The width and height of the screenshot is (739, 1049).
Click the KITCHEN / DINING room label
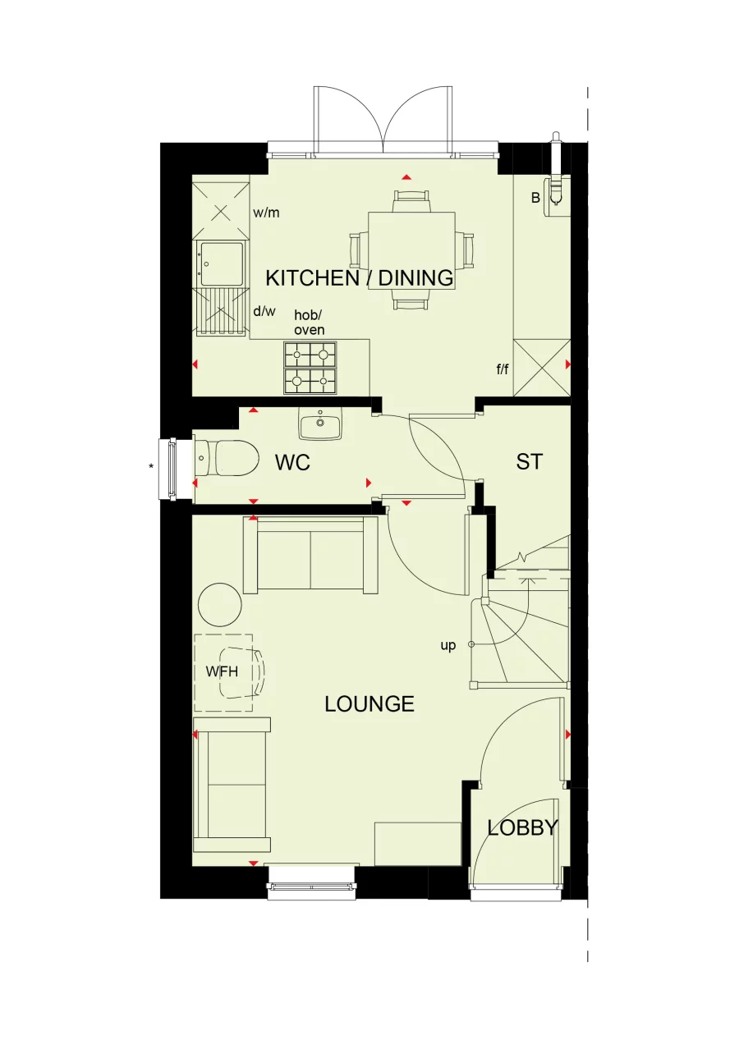coord(360,278)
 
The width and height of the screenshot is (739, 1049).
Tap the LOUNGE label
coord(369,704)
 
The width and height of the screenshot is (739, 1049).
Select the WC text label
coord(292,463)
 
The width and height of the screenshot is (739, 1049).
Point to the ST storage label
coord(529,462)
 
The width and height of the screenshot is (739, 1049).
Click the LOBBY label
coord(522,828)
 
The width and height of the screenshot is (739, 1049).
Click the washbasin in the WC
coord(319,426)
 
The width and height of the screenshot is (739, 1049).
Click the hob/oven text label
coord(310,323)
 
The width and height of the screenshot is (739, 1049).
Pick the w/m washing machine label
coord(266,213)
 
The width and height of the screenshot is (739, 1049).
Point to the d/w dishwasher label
coord(264,311)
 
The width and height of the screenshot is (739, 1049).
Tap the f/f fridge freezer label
coord(503,369)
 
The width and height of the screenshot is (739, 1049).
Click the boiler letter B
coord(535,198)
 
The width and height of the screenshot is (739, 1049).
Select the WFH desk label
coord(222,671)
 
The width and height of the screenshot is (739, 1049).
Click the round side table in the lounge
coord(220,606)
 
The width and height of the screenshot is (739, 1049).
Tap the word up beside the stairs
coord(448,645)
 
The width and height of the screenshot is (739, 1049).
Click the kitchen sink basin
coord(223,263)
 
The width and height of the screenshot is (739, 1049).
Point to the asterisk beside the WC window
coord(151,467)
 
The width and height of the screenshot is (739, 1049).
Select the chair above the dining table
coord(411,199)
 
